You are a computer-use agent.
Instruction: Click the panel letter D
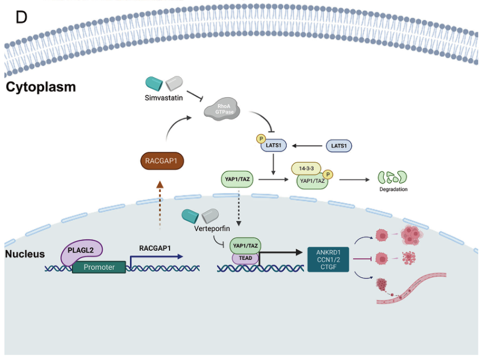(21, 17)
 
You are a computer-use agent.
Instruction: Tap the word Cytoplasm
(41, 87)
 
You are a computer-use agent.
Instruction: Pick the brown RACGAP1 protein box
(162, 162)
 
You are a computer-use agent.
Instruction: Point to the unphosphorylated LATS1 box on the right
(338, 146)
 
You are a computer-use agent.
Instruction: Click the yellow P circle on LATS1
(260, 139)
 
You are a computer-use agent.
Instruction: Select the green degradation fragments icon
(392, 178)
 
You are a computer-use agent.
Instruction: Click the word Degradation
(393, 189)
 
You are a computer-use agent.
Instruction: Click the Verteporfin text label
(212, 229)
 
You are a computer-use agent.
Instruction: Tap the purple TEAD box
(245, 258)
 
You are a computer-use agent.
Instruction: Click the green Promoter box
(99, 267)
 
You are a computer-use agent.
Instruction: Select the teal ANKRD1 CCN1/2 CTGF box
(328, 259)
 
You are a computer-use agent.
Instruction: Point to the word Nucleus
(25, 254)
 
